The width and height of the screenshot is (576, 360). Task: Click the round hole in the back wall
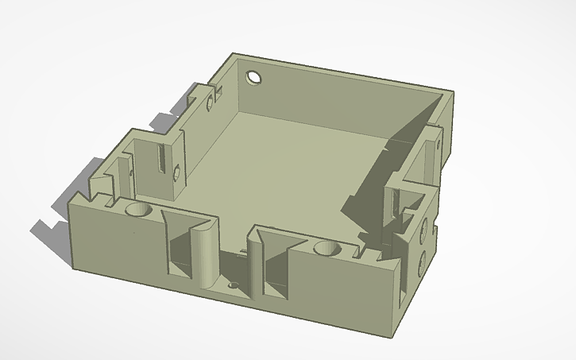pyautogui.click(x=254, y=78)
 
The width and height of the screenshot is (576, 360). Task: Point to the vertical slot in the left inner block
pyautogui.click(x=162, y=158)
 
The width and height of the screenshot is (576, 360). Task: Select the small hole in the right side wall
pyautogui.click(x=438, y=146)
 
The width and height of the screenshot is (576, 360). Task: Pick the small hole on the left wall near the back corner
pyautogui.click(x=210, y=103)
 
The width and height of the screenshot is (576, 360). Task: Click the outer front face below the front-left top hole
pyautogui.click(x=119, y=246)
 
